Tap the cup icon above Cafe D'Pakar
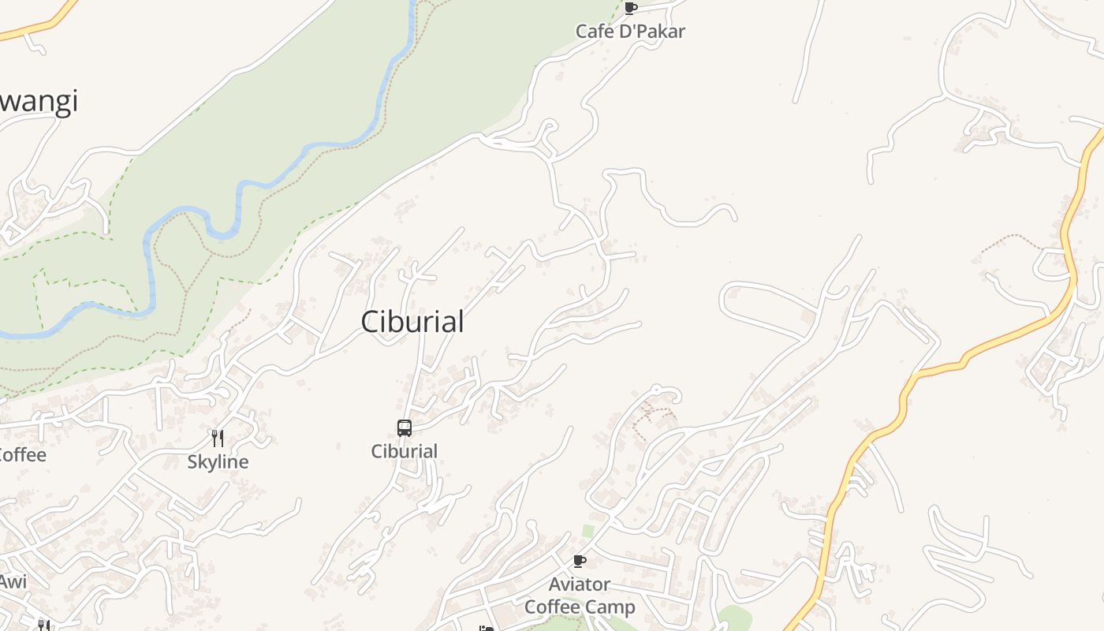(630, 9)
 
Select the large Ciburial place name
(412, 322)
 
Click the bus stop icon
(405, 428)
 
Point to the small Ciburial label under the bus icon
(405, 451)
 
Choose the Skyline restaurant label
(218, 462)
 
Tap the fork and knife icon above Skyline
(218, 439)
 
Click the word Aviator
(580, 584)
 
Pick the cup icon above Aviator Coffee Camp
(580, 562)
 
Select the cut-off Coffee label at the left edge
(22, 455)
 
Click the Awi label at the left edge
(13, 582)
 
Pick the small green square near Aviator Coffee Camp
(587, 531)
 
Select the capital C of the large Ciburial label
(370, 322)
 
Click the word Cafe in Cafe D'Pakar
(594, 32)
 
